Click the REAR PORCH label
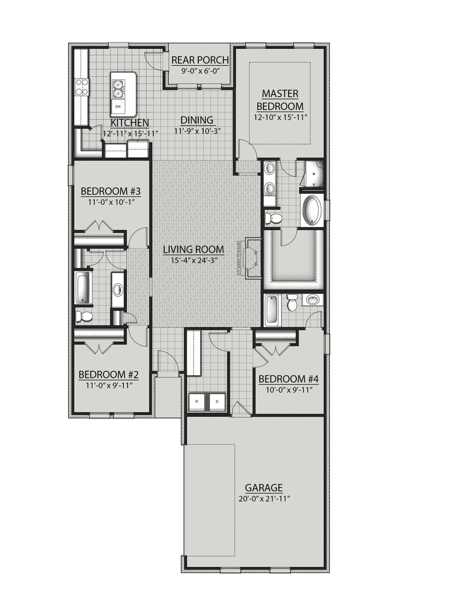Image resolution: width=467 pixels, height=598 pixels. tap(200, 60)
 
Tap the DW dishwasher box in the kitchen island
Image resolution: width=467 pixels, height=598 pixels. tap(118, 107)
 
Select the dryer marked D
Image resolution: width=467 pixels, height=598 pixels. tap(217, 402)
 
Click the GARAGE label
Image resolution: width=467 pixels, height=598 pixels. tap(263, 488)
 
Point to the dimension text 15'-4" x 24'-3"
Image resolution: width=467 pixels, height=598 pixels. tap(193, 260)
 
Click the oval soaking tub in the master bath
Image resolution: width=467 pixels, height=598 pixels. tap(312, 210)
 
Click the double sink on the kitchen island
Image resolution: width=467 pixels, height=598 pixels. tap(118, 88)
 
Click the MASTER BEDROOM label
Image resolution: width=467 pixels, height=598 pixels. tap(280, 100)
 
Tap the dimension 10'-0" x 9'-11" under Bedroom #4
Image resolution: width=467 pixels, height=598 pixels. tap(288, 390)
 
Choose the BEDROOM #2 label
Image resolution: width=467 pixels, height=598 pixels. tap(108, 375)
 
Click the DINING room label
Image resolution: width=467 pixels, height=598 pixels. tap(197, 120)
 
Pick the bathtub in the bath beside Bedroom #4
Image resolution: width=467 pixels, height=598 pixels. tap(272, 310)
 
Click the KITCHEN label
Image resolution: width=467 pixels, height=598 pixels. tap(130, 123)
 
